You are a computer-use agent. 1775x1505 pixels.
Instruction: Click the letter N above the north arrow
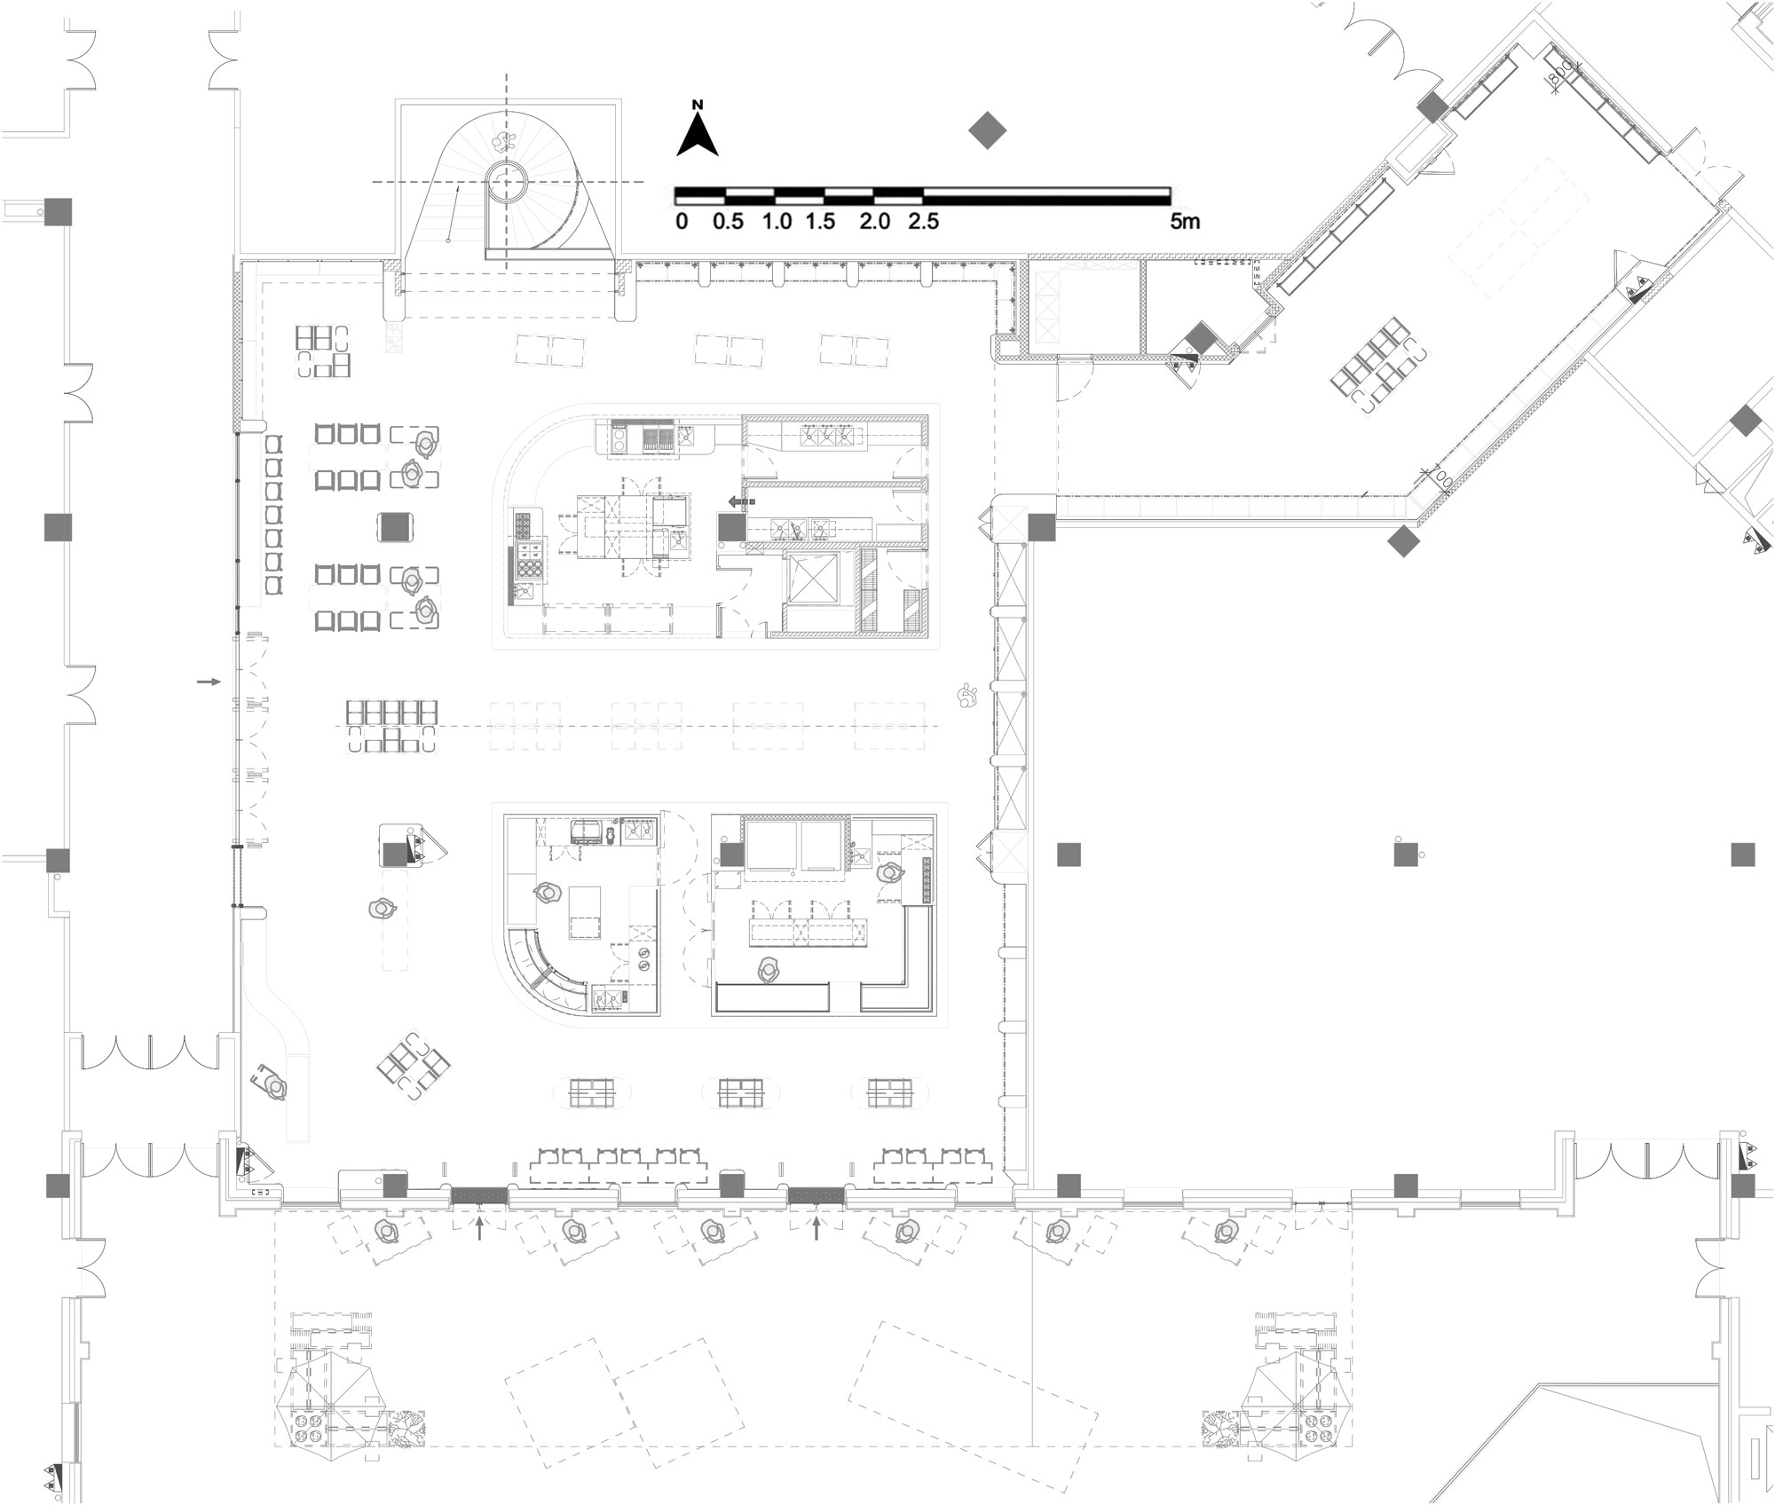point(698,105)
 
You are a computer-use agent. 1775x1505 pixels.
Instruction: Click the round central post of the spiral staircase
point(507,182)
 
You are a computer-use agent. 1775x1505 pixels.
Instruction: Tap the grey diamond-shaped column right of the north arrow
point(986,131)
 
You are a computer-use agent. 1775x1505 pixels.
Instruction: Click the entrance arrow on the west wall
point(209,682)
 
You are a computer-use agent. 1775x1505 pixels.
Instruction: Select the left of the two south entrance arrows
point(479,1228)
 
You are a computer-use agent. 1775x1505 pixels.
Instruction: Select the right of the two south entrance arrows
point(816,1228)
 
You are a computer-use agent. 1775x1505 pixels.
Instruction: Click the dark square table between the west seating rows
point(397,527)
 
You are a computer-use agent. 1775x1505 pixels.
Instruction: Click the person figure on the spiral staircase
point(504,139)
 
